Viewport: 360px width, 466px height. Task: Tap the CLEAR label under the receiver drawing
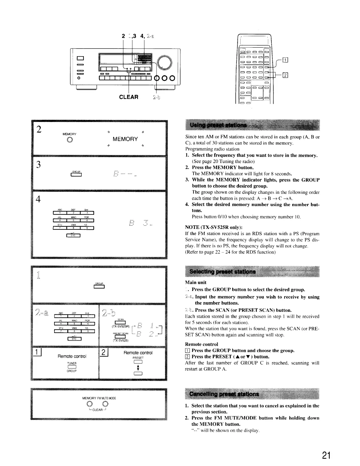[129, 97]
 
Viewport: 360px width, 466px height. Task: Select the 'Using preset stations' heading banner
[252, 125]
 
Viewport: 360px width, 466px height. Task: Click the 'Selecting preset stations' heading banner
[252, 271]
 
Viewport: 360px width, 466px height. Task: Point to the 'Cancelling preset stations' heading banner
[252, 394]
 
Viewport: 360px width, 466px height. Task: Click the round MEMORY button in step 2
[70, 140]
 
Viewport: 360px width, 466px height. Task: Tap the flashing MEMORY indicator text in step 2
[125, 139]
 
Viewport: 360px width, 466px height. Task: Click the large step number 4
[38, 199]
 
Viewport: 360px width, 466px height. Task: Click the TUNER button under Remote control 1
[72, 367]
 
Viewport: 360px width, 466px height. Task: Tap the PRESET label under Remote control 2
[138, 358]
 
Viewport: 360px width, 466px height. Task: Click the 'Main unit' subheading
[196, 282]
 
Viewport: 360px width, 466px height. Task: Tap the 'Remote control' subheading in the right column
[201, 344]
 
